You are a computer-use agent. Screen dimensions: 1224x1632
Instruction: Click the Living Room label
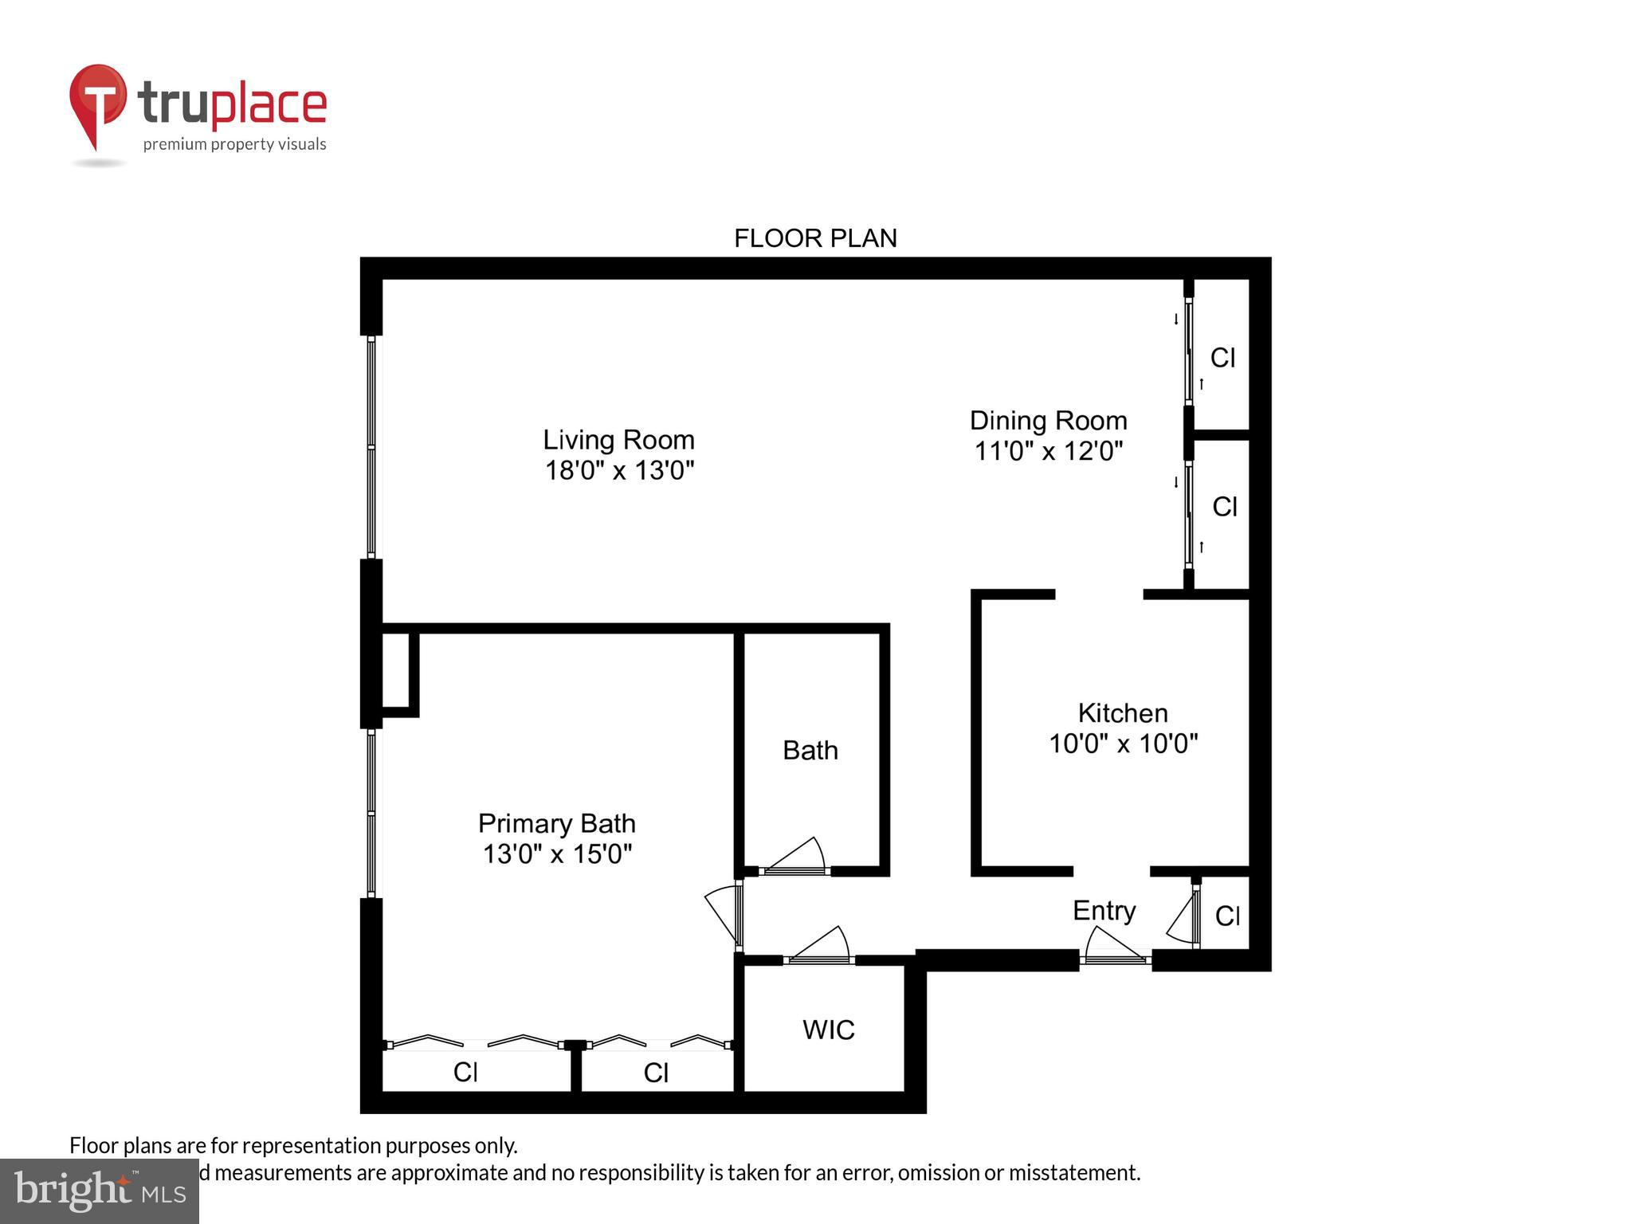tap(618, 440)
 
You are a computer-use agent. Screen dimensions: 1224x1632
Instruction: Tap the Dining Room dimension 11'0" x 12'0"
tap(1048, 452)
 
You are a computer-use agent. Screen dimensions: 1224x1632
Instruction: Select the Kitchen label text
tap(1122, 712)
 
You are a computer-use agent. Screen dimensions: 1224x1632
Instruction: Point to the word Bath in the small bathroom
tap(810, 751)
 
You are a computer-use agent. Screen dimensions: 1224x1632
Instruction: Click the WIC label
tap(828, 1030)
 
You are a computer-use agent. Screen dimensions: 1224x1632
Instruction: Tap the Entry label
tap(1104, 911)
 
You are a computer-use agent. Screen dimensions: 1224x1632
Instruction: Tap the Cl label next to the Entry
tap(1227, 916)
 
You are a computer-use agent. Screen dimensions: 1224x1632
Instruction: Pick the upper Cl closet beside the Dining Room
tap(1222, 358)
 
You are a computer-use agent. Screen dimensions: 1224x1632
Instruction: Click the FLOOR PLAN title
tap(815, 238)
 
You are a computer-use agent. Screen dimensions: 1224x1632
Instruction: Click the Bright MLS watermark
tap(100, 1191)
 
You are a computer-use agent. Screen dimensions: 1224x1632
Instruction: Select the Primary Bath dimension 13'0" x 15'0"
tap(557, 854)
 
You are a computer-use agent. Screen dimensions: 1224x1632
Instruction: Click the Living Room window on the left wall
tap(371, 446)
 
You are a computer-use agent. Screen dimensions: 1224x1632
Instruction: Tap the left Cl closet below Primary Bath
tap(465, 1073)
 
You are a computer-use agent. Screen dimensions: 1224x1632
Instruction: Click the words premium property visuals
tap(234, 144)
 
